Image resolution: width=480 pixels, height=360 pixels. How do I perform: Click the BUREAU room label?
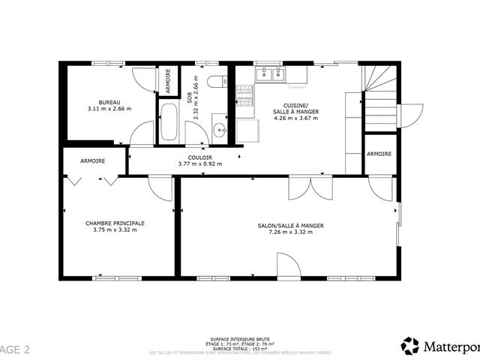pyautogui.click(x=109, y=102)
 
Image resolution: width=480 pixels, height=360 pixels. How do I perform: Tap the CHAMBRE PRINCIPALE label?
pyautogui.click(x=115, y=223)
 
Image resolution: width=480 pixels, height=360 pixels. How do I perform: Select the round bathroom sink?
pyautogui.click(x=220, y=130)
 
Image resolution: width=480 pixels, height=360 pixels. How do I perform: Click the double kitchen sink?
pyautogui.click(x=270, y=73)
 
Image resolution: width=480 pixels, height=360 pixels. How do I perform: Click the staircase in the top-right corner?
pyautogui.click(x=379, y=96)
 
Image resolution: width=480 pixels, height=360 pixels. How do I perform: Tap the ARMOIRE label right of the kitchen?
pyautogui.click(x=379, y=154)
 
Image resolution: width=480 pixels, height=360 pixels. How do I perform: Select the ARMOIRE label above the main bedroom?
pyautogui.click(x=92, y=161)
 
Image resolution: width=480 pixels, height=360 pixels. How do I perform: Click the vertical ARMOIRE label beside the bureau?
pyautogui.click(x=168, y=80)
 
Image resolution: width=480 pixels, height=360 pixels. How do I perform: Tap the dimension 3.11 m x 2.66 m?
pyautogui.click(x=109, y=109)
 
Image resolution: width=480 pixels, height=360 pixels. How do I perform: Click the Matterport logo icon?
pyautogui.click(x=410, y=346)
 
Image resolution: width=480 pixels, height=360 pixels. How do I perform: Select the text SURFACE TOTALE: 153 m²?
pyautogui.click(x=240, y=349)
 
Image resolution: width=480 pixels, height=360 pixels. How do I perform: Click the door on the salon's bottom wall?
pyautogui.click(x=289, y=265)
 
